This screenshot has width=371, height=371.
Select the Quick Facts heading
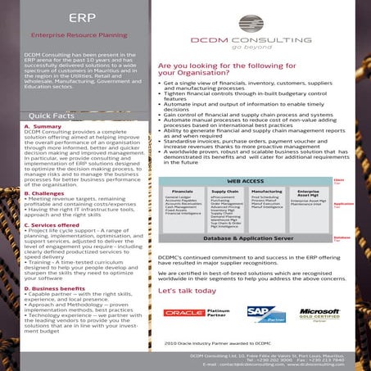pos(52,116)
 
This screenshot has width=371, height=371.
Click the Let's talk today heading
pos(187,291)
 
